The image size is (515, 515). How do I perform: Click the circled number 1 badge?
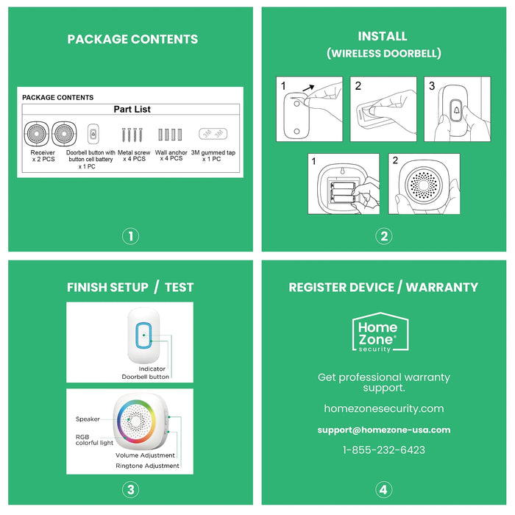click(131, 236)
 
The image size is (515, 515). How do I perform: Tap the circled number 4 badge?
click(383, 490)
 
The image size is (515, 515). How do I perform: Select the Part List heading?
click(132, 110)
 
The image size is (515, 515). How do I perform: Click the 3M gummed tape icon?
click(213, 134)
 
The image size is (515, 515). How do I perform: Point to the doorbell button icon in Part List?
click(93, 134)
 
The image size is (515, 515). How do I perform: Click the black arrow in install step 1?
click(308, 88)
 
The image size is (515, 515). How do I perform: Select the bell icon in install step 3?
click(457, 110)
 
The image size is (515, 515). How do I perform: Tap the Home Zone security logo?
click(380, 333)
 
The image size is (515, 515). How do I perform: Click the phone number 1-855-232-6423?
click(383, 450)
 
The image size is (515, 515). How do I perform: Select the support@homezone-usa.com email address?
click(384, 430)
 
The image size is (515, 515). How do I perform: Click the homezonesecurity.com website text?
click(383, 408)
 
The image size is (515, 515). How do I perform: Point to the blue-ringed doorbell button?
click(144, 335)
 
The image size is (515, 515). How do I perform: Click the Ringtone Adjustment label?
click(147, 466)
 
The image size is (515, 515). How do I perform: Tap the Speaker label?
click(88, 419)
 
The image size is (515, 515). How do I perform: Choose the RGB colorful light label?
click(94, 440)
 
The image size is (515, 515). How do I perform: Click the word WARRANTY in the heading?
click(441, 288)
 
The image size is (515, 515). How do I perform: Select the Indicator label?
click(152, 369)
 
